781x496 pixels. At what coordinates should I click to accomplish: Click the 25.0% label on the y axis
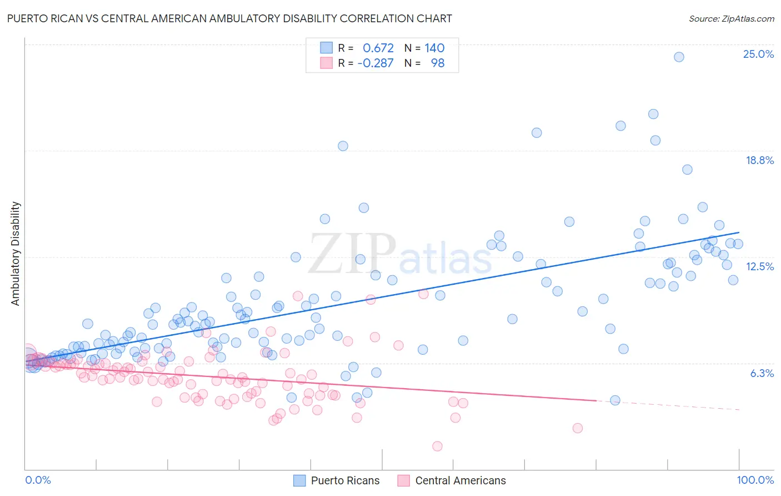(758, 54)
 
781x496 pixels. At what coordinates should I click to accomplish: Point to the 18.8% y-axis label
(759, 160)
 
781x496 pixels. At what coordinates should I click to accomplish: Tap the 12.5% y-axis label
(759, 266)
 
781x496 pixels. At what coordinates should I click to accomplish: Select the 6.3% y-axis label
(762, 373)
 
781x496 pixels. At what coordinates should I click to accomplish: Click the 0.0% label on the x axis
(38, 480)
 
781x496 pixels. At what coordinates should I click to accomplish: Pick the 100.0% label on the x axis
(755, 480)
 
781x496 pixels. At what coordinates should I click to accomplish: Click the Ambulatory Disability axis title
(16, 254)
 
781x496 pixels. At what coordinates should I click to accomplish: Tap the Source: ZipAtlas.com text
(731, 18)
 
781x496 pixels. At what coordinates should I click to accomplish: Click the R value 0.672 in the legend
(378, 48)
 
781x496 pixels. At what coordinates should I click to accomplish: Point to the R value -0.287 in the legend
(376, 63)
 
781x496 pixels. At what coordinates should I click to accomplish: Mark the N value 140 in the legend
(434, 48)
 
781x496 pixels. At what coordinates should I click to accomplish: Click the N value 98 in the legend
(438, 63)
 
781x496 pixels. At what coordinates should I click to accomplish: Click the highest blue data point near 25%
(678, 57)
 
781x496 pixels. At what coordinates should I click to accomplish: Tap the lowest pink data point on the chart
(437, 446)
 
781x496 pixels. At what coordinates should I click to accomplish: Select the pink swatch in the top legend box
(326, 63)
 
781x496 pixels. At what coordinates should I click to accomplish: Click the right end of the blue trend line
(739, 232)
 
